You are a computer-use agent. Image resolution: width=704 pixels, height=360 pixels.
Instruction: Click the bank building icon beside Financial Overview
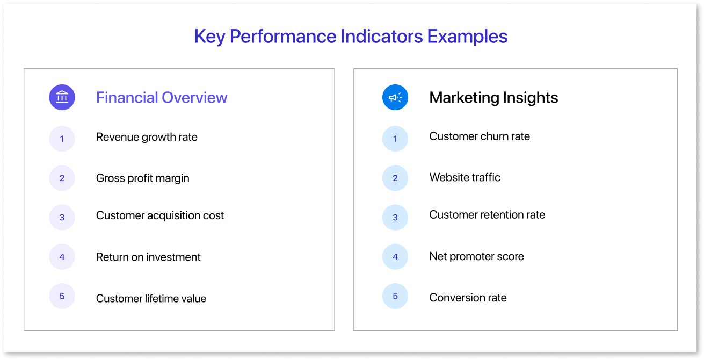[x=62, y=97]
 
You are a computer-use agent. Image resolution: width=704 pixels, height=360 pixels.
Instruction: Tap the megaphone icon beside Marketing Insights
[x=395, y=97]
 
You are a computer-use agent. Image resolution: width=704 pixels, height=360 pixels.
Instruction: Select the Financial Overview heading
[x=162, y=97]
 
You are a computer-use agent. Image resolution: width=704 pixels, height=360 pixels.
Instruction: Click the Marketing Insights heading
[x=493, y=97]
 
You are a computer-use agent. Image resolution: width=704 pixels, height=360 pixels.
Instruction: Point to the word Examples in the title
[x=467, y=37]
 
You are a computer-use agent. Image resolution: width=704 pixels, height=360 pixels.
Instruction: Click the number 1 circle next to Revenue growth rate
[x=62, y=139]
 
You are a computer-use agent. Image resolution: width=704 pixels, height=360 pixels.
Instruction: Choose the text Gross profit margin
[x=143, y=178]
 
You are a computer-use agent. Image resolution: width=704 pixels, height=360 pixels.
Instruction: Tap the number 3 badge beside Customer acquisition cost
[x=62, y=217]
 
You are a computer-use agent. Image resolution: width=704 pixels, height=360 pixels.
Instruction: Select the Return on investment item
[x=148, y=257]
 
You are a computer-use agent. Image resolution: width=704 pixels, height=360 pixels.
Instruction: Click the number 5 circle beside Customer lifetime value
[x=62, y=296]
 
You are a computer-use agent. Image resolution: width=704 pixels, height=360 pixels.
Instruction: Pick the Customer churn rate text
[x=480, y=136]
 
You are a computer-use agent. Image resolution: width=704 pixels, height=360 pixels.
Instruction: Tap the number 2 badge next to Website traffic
[x=395, y=178]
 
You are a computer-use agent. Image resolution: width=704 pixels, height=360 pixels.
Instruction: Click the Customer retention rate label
[x=487, y=215]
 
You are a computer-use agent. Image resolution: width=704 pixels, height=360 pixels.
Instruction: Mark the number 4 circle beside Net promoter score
[x=395, y=256]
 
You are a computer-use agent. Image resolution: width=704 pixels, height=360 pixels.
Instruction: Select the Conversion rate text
[x=468, y=298]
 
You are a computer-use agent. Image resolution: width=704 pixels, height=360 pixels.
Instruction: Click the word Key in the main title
[x=209, y=37]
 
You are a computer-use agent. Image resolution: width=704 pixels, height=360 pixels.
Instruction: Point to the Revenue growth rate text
[x=147, y=137]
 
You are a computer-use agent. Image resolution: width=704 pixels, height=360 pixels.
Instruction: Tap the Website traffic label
[x=465, y=177]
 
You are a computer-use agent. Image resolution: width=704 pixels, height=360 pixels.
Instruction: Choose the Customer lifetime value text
[x=151, y=298]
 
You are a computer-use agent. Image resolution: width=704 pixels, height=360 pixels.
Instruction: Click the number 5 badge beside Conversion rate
[x=395, y=296]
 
